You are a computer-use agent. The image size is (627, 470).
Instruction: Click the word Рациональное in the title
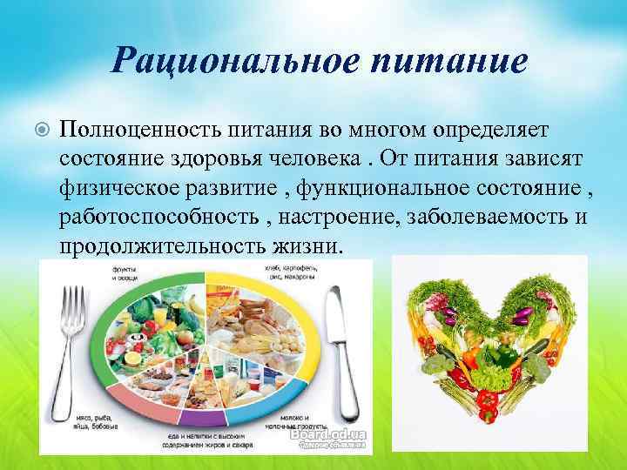[225, 61]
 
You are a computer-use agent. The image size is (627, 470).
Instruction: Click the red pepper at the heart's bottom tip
[488, 402]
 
